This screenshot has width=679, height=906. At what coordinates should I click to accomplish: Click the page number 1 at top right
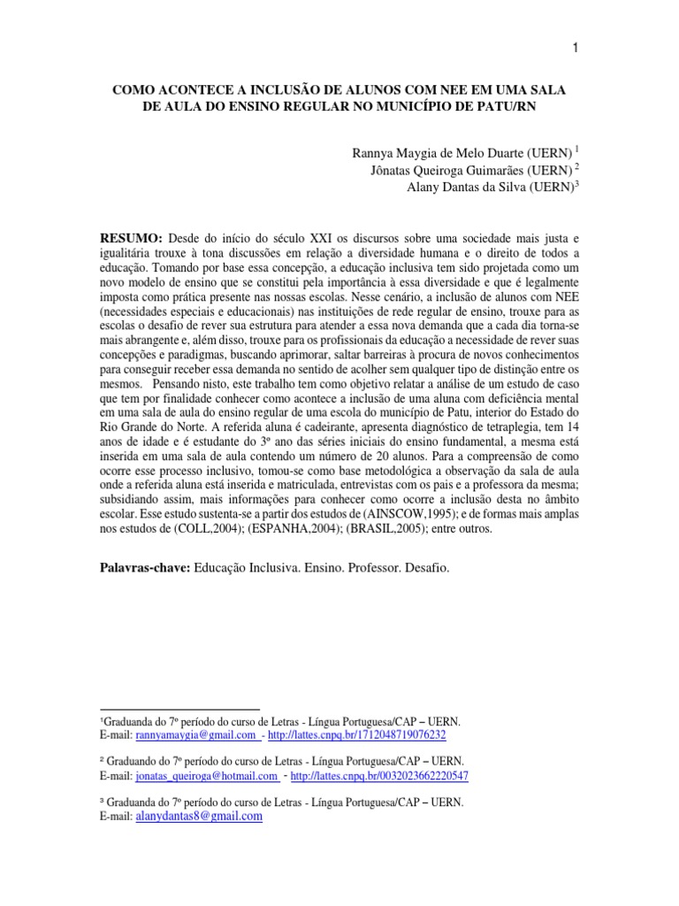(575, 49)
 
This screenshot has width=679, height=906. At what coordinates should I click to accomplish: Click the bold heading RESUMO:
(131, 239)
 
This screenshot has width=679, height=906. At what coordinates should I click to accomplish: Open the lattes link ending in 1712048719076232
(356, 735)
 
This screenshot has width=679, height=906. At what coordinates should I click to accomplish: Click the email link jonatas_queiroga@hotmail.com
(207, 776)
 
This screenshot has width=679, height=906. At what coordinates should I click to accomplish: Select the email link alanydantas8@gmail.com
(199, 817)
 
